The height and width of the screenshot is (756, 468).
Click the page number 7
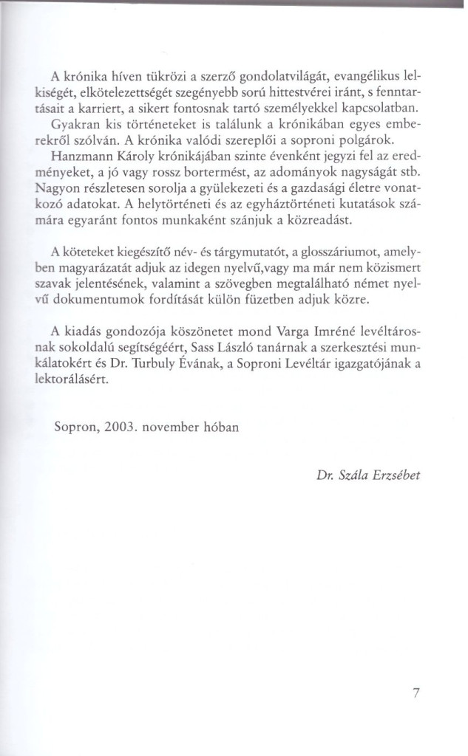pos(416,693)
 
